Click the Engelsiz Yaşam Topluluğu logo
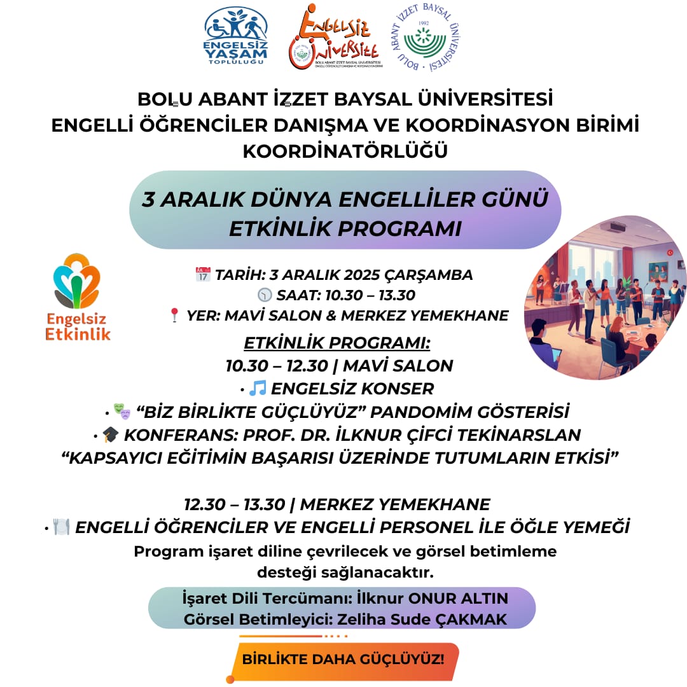click(x=235, y=36)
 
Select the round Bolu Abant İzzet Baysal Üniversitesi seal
click(x=426, y=38)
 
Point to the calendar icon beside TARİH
click(x=203, y=275)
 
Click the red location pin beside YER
click(x=175, y=315)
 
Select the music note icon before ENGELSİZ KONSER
click(x=258, y=387)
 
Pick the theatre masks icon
click(x=121, y=412)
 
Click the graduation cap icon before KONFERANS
click(x=111, y=434)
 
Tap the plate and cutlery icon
click(x=61, y=527)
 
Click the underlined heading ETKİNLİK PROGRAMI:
click(x=337, y=343)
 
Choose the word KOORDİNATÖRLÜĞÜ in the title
click(x=345, y=151)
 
